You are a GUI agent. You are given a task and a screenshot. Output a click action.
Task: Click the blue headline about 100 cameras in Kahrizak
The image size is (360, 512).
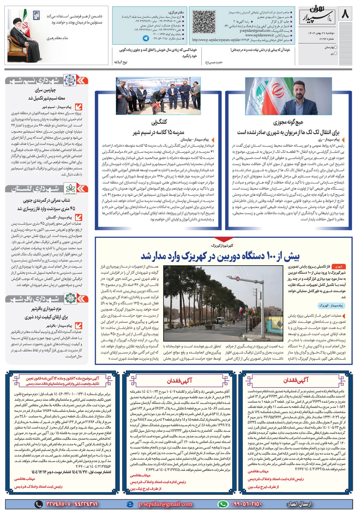point(220,256)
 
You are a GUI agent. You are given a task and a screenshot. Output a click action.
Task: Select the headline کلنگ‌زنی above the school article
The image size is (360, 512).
point(159,122)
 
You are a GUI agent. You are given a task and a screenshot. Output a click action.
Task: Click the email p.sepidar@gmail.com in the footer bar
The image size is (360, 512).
point(166,504)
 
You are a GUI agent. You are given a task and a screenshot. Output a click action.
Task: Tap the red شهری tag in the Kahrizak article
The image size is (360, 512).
point(339,267)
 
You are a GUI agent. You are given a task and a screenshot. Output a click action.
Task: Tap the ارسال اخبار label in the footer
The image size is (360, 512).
point(299,504)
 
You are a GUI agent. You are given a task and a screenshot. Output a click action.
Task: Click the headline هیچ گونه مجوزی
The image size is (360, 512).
point(288,122)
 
